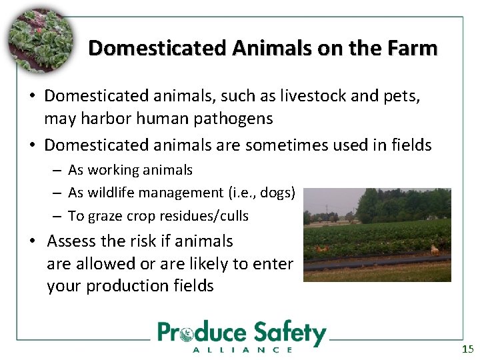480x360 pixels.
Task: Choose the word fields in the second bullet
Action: click(x=409, y=145)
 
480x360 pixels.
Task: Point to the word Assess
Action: click(x=73, y=241)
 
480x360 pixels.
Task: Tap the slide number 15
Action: click(x=467, y=349)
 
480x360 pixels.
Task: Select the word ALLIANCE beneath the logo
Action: click(x=242, y=349)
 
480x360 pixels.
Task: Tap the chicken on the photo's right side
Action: click(x=435, y=250)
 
